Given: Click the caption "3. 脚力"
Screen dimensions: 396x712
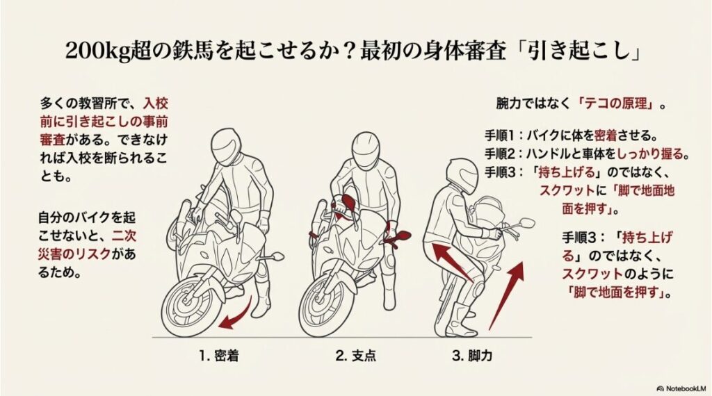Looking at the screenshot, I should click(x=476, y=358).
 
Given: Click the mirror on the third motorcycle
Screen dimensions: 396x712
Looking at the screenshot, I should click(x=526, y=223).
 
